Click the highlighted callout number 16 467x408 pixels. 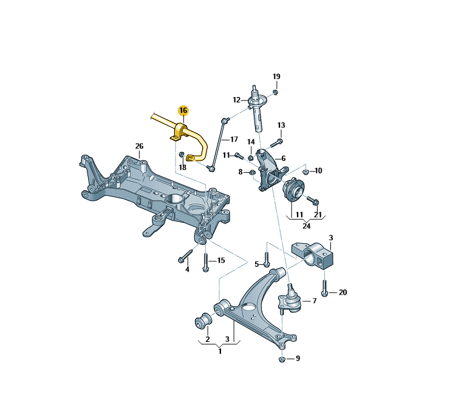tap(183, 110)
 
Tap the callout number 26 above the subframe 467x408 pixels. tap(139, 146)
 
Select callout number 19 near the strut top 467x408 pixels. tap(276, 76)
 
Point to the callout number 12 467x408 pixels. tap(236, 100)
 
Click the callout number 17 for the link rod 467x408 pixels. tap(233, 139)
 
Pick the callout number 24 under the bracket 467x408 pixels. tap(306, 226)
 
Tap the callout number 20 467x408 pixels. tap(343, 292)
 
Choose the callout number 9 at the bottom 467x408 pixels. tap(297, 359)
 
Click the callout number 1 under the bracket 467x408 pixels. tap(219, 351)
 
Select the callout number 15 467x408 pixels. tap(220, 260)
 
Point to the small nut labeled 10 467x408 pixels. tap(305, 172)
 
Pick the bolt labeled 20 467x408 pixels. tap(325, 288)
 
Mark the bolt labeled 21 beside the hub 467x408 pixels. tap(313, 200)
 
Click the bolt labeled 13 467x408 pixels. tap(273, 144)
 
